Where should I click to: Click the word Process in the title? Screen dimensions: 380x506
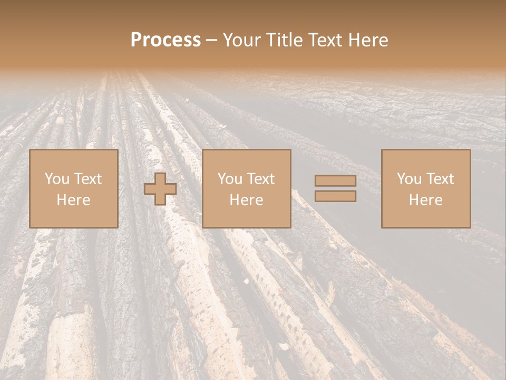pyautogui.click(x=166, y=40)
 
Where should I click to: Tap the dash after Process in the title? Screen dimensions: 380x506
pyautogui.click(x=212, y=40)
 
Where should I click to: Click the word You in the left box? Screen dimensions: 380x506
pyautogui.click(x=57, y=179)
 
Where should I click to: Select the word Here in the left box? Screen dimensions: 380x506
pyautogui.click(x=73, y=200)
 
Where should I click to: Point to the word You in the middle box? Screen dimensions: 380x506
pyautogui.click(x=230, y=179)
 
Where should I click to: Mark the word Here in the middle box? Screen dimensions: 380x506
pyautogui.click(x=246, y=200)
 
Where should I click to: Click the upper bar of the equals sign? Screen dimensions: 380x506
pyautogui.click(x=335, y=181)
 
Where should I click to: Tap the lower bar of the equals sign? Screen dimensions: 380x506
pyautogui.click(x=335, y=196)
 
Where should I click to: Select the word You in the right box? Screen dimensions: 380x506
pyautogui.click(x=409, y=179)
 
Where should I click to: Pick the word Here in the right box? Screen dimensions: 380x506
pyautogui.click(x=425, y=200)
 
